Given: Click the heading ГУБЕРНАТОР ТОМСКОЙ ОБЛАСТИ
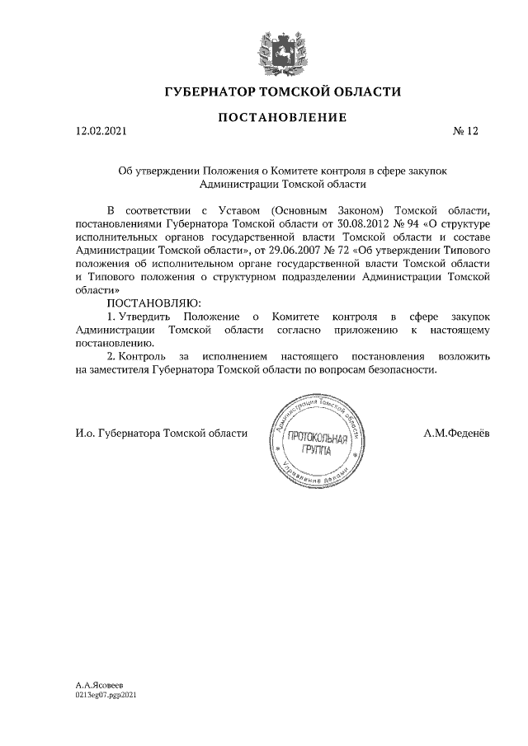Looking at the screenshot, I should point(281,91).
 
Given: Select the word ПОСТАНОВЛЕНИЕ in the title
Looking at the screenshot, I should point(281,118).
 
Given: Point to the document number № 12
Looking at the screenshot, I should point(465,131).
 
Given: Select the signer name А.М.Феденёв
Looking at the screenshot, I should point(456,434).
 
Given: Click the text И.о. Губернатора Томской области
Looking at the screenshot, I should point(156,434).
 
